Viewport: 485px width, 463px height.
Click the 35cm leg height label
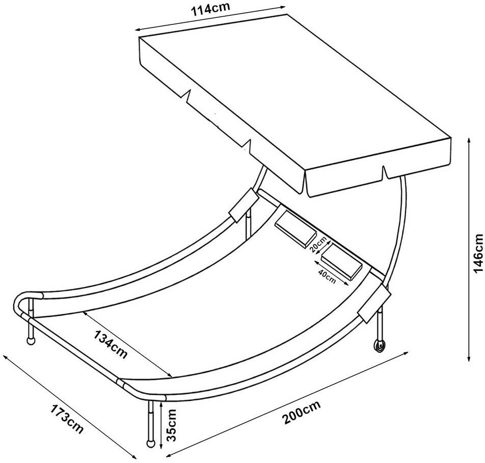point(172,424)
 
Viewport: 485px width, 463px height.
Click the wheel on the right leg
point(378,346)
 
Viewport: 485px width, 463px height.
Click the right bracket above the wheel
point(373,309)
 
